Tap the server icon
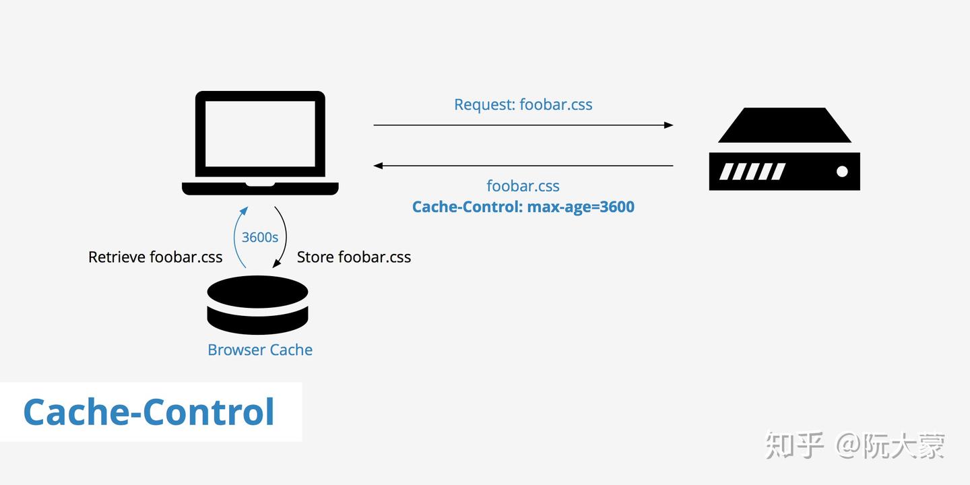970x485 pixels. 784,150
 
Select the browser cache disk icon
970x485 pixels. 257,304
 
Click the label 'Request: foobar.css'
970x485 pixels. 523,104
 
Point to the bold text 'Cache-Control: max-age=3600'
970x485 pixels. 523,207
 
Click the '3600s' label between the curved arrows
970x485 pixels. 260,237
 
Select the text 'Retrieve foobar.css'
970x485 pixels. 155,257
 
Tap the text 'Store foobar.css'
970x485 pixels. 354,257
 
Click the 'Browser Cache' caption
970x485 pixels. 260,350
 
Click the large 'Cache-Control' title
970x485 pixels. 149,412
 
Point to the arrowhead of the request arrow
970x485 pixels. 668,125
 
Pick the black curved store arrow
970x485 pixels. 284,236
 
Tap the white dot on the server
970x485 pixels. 841,172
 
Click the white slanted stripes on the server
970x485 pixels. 752,172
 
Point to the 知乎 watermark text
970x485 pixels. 795,445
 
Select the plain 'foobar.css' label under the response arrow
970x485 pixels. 523,186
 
